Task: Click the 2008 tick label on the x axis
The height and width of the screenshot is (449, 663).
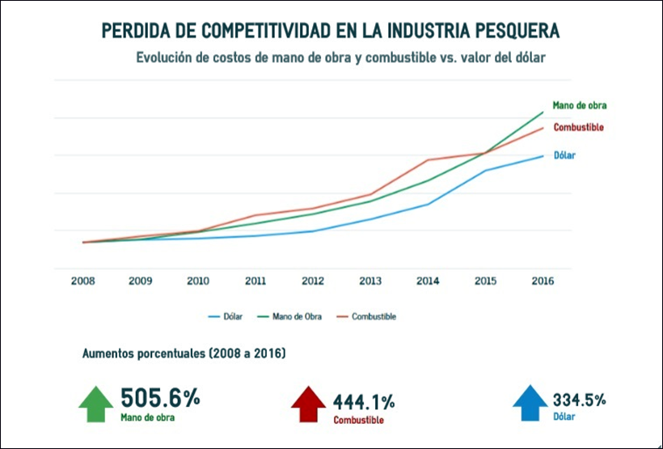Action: (x=83, y=282)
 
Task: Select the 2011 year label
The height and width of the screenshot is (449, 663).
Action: (x=255, y=282)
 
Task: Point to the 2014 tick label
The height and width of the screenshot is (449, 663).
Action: (x=428, y=282)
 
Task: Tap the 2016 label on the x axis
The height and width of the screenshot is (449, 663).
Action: (x=543, y=282)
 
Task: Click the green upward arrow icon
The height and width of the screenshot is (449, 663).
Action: (x=95, y=404)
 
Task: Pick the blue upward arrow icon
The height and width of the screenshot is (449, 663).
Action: (x=530, y=404)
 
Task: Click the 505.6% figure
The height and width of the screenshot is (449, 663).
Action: (x=159, y=398)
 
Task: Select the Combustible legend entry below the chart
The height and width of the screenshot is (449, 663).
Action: (x=374, y=316)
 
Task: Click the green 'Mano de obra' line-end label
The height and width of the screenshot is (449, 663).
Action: (x=579, y=105)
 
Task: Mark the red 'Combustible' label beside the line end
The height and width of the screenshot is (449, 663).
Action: (x=578, y=128)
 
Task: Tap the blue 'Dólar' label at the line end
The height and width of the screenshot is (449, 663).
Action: (x=564, y=155)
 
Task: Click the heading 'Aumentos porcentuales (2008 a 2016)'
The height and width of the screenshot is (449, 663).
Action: (x=183, y=354)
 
